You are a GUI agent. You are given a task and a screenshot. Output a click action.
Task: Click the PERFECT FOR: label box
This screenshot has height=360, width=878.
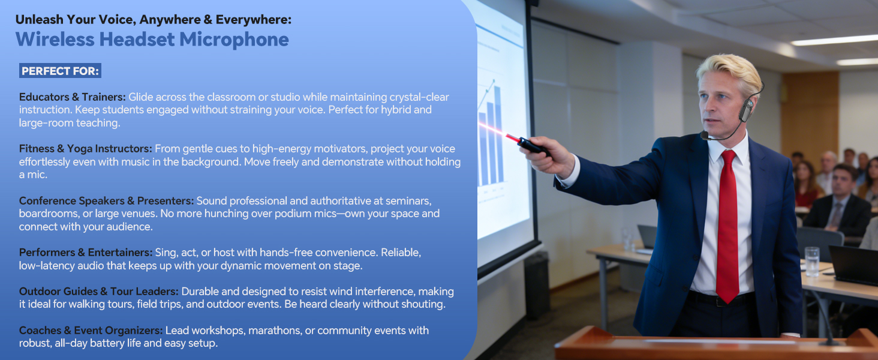60,71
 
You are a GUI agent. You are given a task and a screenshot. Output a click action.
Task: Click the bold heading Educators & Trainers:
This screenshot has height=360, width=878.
73,97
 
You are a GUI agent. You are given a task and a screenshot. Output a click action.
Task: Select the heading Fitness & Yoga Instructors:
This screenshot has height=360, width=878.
85,149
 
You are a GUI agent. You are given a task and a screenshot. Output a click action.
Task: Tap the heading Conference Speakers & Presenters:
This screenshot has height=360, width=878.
106,201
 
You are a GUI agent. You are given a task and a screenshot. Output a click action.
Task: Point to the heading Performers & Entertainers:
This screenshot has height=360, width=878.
86,252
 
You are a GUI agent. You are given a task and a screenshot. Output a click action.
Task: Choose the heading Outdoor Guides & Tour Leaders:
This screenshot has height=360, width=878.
99,292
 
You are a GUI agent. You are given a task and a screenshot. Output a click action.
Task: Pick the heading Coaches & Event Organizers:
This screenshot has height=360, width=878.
91,330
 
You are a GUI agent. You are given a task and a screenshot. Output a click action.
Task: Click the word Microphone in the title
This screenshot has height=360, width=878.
234,40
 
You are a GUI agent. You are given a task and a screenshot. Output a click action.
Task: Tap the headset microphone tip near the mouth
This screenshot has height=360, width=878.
705,136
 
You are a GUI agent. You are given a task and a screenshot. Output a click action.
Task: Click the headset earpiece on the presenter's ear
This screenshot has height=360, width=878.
745,110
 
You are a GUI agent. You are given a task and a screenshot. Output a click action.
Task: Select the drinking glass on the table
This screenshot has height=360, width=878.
812,261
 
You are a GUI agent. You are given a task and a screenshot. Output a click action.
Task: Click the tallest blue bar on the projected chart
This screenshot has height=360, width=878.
498,134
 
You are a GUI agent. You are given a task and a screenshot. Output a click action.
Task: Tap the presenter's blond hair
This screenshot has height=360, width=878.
732,73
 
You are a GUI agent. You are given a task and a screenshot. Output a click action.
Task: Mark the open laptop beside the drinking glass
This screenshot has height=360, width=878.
853,265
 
